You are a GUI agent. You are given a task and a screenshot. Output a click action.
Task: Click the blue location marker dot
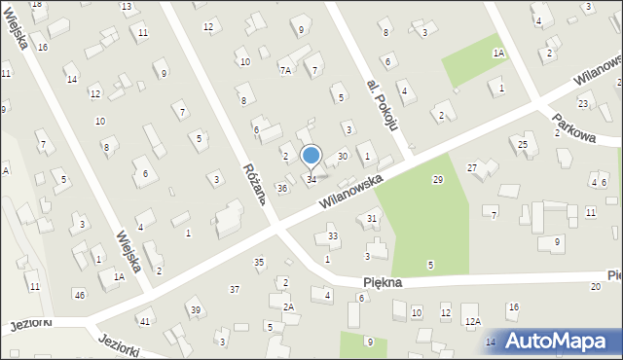(x=311, y=155)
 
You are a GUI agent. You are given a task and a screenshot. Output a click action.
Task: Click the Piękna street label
(x=383, y=280)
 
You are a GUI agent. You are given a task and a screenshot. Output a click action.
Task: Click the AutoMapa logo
(x=560, y=341)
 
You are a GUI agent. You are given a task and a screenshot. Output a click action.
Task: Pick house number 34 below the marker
(x=311, y=179)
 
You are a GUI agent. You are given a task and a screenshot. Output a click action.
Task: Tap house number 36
(x=281, y=188)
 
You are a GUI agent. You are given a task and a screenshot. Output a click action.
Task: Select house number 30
(x=342, y=156)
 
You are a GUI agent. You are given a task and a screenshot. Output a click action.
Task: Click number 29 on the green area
(x=438, y=180)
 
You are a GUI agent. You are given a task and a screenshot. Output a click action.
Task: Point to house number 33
(x=333, y=235)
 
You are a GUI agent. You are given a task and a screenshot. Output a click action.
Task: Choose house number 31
(x=372, y=218)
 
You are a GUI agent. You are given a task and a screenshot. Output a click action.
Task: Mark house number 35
(x=259, y=262)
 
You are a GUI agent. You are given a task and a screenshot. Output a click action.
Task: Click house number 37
(x=235, y=289)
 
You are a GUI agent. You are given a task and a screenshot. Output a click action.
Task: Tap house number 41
(x=145, y=321)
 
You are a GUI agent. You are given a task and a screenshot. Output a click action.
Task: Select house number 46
(x=79, y=294)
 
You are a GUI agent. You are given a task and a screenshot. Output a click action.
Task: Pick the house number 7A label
(x=285, y=70)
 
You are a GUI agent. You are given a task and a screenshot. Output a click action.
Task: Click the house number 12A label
(x=472, y=321)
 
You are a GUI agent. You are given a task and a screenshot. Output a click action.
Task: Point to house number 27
(x=472, y=168)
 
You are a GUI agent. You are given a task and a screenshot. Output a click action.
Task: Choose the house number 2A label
(x=288, y=306)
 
